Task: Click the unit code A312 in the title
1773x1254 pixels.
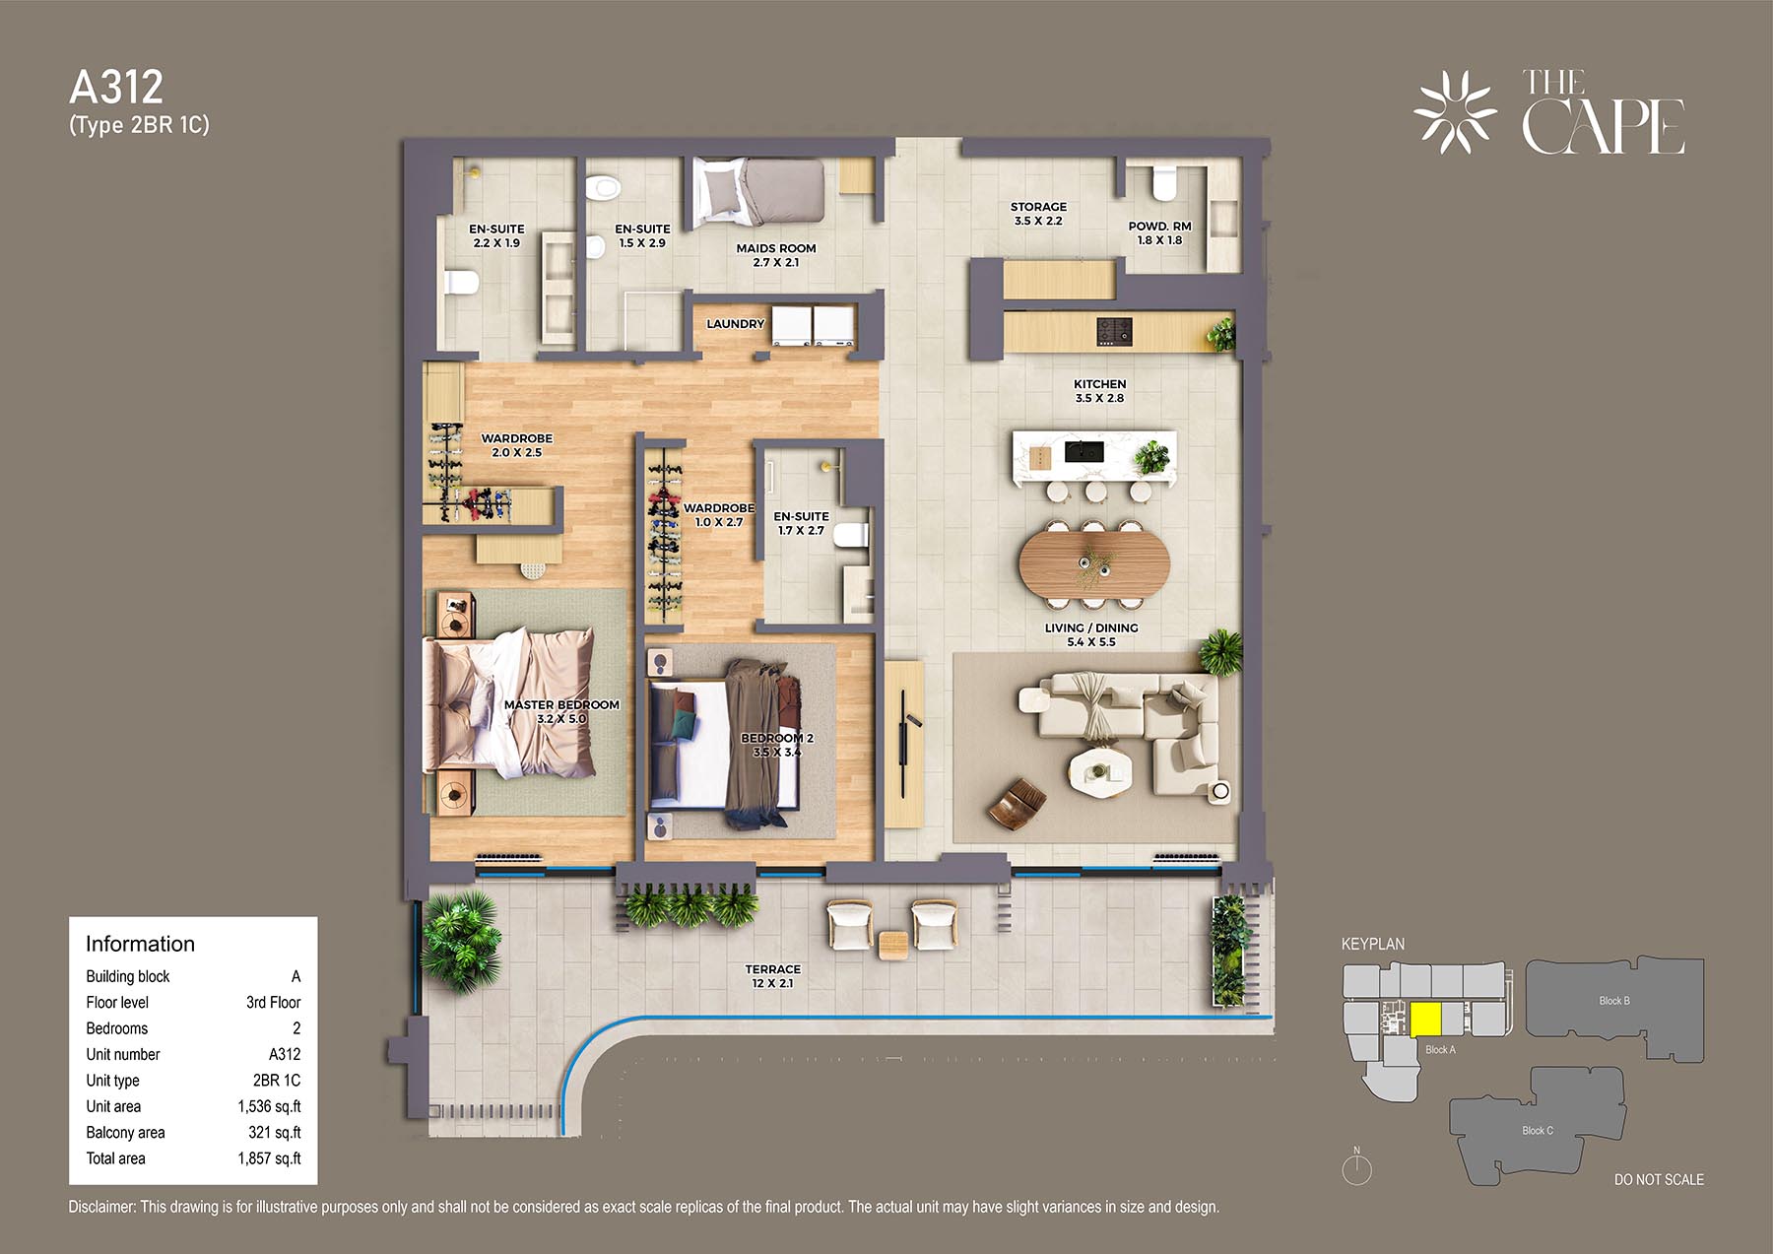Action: click(x=116, y=88)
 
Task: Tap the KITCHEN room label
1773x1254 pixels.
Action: click(x=1099, y=384)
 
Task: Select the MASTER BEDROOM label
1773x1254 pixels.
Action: click(x=561, y=704)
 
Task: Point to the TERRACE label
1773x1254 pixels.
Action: click(x=772, y=969)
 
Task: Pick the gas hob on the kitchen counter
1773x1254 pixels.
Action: click(x=1114, y=331)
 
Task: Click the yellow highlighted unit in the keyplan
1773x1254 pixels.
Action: click(x=1425, y=1020)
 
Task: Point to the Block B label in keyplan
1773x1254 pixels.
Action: click(x=1613, y=1001)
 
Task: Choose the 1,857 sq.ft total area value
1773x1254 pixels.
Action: click(x=269, y=1158)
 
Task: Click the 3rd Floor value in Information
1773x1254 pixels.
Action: click(x=273, y=1002)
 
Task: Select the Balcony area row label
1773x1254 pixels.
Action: click(x=125, y=1133)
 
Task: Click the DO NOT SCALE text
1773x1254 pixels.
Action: click(x=1659, y=1179)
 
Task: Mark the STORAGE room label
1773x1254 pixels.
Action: click(x=1038, y=207)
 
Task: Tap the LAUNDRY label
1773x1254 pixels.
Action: click(x=735, y=324)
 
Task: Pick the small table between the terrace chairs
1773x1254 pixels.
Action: click(x=892, y=945)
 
